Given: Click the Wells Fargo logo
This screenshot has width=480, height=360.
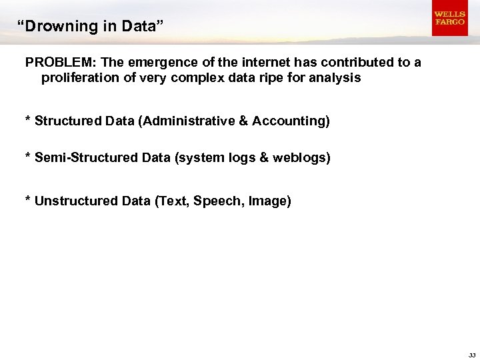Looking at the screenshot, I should tap(449, 19).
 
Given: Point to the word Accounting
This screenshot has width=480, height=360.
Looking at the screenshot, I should tap(289, 121).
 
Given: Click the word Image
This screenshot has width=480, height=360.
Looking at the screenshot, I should tap(268, 201).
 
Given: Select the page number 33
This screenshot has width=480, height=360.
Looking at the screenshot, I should tap(471, 355).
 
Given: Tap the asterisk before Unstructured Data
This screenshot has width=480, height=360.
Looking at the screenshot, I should tap(28, 199).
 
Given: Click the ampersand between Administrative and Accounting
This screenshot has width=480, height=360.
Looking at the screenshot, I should tap(243, 121).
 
